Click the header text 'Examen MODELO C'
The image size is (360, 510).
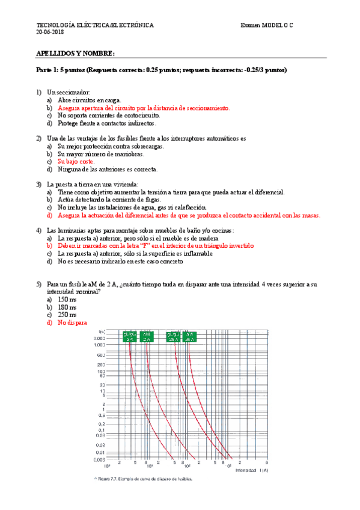pos(269,25)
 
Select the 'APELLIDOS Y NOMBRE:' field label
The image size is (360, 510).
pos(76,54)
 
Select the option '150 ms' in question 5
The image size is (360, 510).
pos(67,300)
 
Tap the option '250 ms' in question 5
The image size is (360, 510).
pos(67,315)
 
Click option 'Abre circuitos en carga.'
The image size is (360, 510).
pos(90,100)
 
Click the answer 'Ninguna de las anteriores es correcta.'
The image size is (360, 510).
pos(108,170)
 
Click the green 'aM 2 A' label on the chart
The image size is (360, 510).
pos(146,337)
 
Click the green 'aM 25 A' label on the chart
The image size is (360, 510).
pos(190,337)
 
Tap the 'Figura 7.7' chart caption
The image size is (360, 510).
pos(142,479)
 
